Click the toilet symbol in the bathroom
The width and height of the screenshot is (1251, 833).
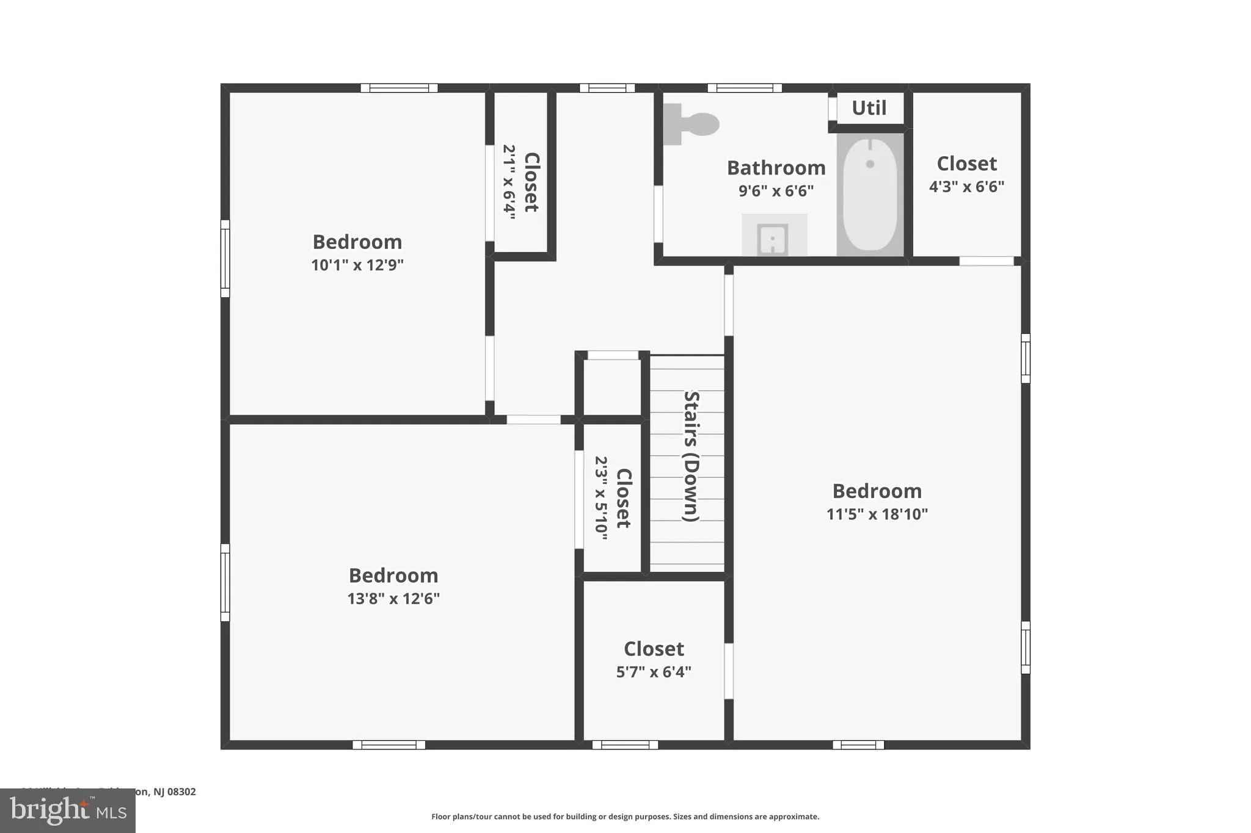coord(692,124)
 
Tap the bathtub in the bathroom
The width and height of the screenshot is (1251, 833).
coord(870,195)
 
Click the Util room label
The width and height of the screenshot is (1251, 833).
coord(869,108)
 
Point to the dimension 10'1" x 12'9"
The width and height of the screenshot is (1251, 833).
coord(357,265)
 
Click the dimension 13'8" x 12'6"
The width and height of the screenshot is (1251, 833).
coord(393,599)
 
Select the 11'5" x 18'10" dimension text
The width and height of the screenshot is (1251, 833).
coord(877,514)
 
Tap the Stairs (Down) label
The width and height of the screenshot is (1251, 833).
coord(691,456)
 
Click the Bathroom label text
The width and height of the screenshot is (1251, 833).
coord(776,167)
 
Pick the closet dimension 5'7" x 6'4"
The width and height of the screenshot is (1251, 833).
coord(654,672)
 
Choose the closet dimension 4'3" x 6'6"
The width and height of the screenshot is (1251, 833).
coord(966,187)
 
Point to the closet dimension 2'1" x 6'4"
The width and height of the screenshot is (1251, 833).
coord(509,182)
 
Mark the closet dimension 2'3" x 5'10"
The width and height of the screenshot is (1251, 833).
coord(602,498)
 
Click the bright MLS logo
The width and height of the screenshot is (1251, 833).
coord(68,810)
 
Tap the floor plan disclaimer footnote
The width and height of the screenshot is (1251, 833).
coord(625,817)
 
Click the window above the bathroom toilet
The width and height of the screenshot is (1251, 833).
coord(745,88)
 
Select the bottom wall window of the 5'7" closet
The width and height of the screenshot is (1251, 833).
coord(625,745)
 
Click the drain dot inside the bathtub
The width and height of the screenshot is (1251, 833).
coord(870,164)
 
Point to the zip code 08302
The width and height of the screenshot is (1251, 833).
coord(181,792)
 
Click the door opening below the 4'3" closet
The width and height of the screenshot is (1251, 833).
coord(986,261)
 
